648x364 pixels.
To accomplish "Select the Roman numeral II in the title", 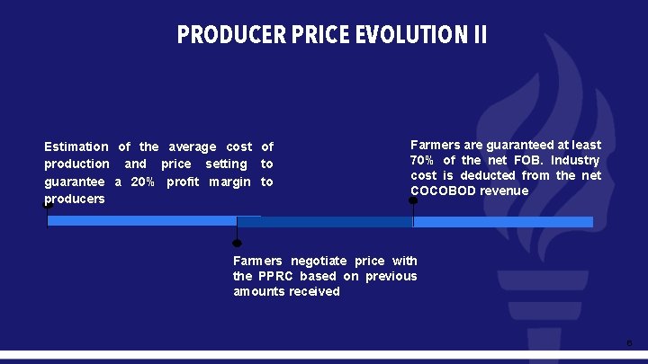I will click(x=480, y=35).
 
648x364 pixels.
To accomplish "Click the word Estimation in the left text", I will click(x=76, y=146).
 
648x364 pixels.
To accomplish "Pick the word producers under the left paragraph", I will click(x=75, y=199).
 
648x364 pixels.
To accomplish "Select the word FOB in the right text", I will click(x=527, y=160).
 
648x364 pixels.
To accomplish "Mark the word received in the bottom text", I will click(x=314, y=291).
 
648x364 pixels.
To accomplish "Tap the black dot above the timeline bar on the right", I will click(x=413, y=200).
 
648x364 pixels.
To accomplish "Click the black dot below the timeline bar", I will click(x=237, y=243).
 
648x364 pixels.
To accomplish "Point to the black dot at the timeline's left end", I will click(x=48, y=205).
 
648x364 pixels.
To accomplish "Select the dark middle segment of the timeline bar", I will click(x=324, y=221).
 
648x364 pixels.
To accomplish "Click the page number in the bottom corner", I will click(x=629, y=343).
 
